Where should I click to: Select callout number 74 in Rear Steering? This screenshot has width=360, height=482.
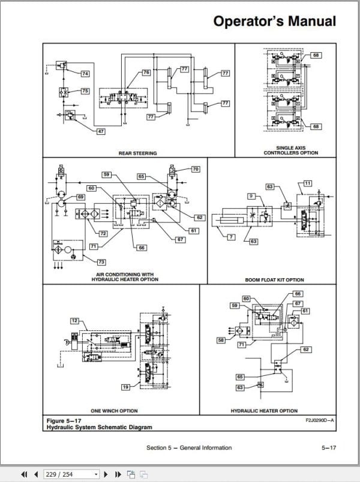point(85,73)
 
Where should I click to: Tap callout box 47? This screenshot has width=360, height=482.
point(100,131)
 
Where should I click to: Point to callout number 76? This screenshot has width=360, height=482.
point(145,73)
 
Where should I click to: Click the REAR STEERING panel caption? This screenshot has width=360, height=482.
point(137,153)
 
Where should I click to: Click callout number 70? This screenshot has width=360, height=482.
point(196,170)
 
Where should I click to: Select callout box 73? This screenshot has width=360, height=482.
point(101,262)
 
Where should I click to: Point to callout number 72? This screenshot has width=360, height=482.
point(103,233)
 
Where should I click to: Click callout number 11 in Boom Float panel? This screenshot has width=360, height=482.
point(308,182)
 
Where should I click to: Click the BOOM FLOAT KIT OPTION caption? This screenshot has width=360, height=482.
point(274,280)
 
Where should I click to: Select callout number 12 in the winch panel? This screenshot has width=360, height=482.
point(74,321)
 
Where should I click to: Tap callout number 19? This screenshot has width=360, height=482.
point(125,388)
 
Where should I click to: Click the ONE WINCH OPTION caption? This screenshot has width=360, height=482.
point(114,411)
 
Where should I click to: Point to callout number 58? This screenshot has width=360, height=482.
point(221,340)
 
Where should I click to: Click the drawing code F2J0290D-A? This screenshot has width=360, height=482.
point(320,420)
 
